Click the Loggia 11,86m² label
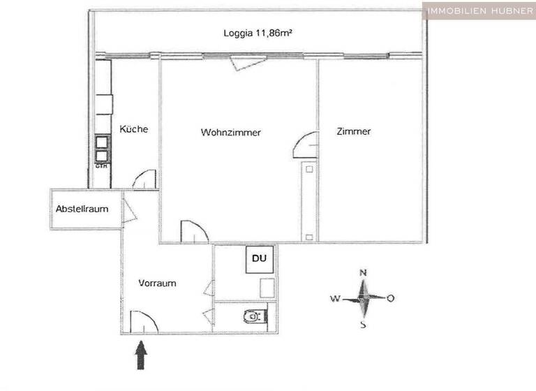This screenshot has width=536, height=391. click(255, 33)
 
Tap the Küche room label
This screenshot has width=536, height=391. click(134, 129)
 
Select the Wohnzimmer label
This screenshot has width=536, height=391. click(230, 132)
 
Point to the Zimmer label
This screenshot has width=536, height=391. click(353, 131)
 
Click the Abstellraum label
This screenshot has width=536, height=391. click(82, 208)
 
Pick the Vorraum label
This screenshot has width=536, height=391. click(157, 283)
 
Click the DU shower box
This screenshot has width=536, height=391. click(259, 259)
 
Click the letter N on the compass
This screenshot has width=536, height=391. click(363, 273)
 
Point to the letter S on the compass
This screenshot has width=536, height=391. click(363, 324)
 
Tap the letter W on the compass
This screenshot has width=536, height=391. click(335, 299)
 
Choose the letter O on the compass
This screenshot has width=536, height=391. click(390, 298)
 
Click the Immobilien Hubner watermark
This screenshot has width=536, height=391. click(479, 10)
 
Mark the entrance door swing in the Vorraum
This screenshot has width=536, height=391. click(142, 321)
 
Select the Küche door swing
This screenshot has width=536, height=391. click(144, 179)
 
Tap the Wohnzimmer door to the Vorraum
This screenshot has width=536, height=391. click(193, 232)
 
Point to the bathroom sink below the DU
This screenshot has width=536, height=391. click(267, 288)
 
